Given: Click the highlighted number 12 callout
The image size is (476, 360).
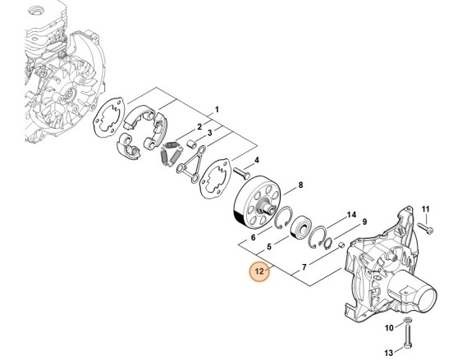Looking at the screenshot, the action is [259, 271].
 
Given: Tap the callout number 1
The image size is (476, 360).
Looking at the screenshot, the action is [217, 110].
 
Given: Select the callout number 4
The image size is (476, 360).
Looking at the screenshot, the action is [257, 160].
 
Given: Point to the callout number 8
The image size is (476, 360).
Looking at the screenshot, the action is [300, 185].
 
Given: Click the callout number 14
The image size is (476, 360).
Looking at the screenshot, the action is [351, 215].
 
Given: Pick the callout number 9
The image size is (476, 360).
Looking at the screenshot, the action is [364, 221].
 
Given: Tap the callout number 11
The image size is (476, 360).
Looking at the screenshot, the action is [426, 209].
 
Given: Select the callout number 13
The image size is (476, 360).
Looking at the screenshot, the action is [389, 353].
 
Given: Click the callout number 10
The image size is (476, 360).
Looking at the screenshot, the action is [389, 328].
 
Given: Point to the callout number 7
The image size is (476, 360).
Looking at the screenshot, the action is [304, 267].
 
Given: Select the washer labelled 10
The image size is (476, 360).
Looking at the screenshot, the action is [407, 320].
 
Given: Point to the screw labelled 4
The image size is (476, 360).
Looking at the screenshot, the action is [241, 173].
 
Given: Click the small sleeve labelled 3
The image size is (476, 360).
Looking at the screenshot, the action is [191, 144].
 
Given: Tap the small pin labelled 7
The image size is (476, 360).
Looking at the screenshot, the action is [341, 244].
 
